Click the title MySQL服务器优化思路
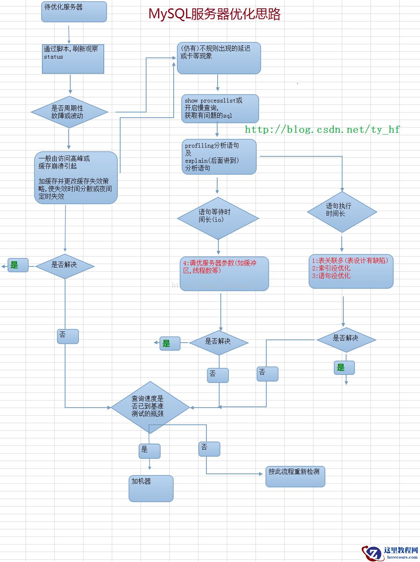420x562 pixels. pos(214,14)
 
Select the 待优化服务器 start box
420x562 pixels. pos(74,12)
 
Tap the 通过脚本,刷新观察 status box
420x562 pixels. pos(73,59)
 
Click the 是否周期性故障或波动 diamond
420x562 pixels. pos(69,112)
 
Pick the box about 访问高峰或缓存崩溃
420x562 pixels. pos(76,177)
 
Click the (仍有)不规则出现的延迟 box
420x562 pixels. pos(219,58)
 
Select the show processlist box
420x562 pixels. pos(220,108)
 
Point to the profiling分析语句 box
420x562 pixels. pos(219,156)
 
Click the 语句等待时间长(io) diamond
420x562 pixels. pos(218,218)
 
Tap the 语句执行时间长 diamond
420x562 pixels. pos(342,211)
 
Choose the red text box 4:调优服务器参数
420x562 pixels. pos(224,273)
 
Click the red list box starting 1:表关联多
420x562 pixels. pos(351,271)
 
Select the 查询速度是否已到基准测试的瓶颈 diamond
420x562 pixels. pos(150,407)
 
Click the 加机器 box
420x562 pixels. pos(151,488)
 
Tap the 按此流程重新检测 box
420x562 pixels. pos(295,476)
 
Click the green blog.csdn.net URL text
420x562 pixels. pos(322,130)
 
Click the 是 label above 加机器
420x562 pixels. pos(149,451)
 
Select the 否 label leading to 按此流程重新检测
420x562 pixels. pos(209,449)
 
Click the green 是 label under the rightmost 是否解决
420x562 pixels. pos(344,368)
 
